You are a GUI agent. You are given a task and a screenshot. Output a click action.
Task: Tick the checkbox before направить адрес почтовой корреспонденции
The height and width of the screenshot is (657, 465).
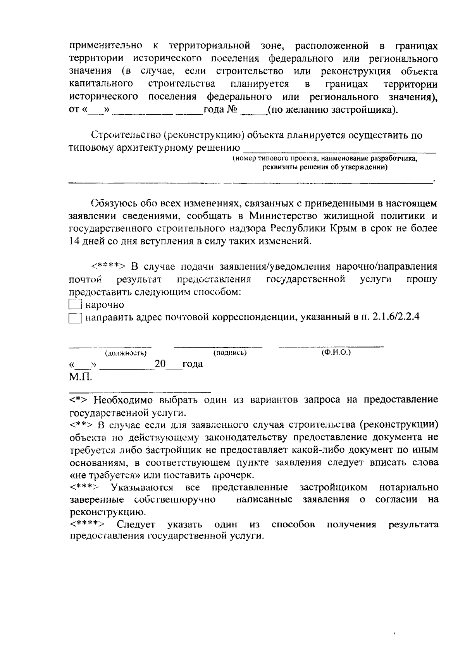tap(75, 318)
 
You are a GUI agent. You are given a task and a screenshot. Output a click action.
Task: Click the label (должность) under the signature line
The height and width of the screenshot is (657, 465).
tap(126, 353)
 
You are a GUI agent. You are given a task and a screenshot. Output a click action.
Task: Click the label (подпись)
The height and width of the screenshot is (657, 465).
tap(230, 353)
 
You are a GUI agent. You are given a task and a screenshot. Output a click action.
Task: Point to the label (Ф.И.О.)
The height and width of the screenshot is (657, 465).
tap(336, 353)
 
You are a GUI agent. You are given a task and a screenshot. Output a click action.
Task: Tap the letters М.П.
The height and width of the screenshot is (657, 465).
tap(81, 377)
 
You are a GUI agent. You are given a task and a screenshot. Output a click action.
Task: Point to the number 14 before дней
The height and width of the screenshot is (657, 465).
tap(74, 241)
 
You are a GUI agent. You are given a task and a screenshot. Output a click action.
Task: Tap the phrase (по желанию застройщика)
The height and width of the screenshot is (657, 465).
tap(332, 110)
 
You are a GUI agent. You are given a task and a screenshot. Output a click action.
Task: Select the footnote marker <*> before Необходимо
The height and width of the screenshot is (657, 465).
tap(80, 399)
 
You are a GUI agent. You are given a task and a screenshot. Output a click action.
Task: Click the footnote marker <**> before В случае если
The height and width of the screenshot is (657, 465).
tap(81, 425)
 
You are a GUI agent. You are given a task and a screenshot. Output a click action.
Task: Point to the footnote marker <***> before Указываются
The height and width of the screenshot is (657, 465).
tap(84, 487)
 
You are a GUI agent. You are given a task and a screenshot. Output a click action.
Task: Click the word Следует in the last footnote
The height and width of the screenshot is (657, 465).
tap(136, 525)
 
